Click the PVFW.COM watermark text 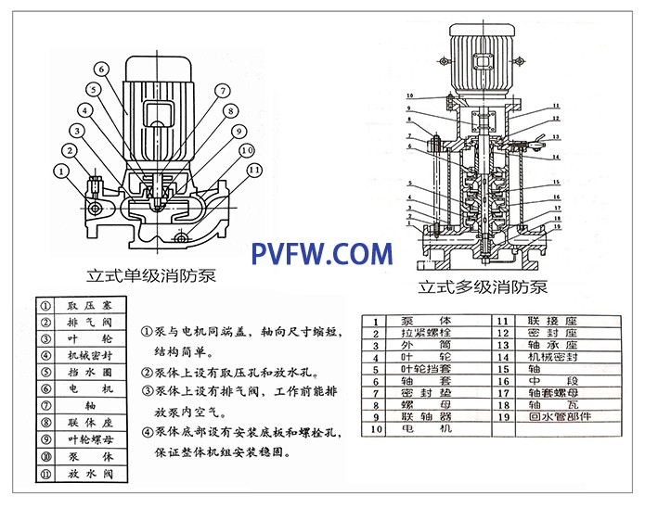click(322, 253)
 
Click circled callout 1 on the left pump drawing click(60, 171)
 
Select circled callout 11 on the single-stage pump click(254, 170)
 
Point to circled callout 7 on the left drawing click(222, 90)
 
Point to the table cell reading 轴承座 click(559, 345)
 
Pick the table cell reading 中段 click(559, 381)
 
